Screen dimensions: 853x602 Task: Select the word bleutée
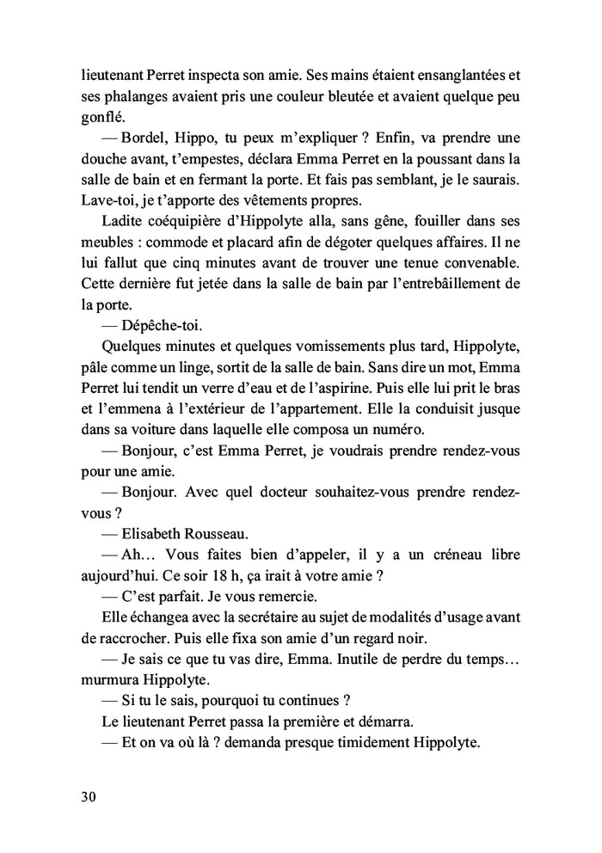[x=324, y=98]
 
